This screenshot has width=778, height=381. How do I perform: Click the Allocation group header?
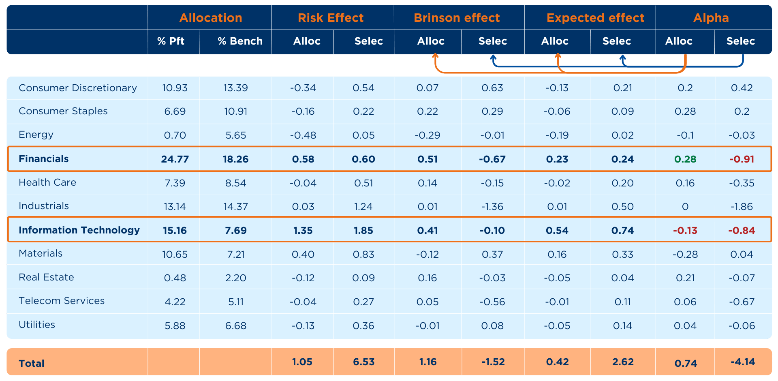(x=210, y=18)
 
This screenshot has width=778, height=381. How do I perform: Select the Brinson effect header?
(x=457, y=18)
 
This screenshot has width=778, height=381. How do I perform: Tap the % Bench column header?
(x=240, y=41)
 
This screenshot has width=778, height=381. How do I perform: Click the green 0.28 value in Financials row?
(x=685, y=159)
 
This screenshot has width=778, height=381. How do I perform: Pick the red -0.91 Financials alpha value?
(x=742, y=159)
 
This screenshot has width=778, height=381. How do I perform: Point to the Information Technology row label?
(x=79, y=230)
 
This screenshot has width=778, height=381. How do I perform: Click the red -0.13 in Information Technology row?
(x=685, y=231)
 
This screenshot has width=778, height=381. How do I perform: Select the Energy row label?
(x=36, y=135)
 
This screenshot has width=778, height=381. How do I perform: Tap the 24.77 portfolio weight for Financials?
(x=175, y=159)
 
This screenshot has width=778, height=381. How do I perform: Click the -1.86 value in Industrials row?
(x=742, y=207)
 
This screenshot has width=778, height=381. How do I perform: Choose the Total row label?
(x=32, y=363)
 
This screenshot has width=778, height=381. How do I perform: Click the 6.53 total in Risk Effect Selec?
(x=363, y=362)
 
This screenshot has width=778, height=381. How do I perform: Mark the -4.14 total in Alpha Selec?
(x=742, y=362)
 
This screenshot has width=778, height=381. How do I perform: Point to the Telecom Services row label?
(x=62, y=301)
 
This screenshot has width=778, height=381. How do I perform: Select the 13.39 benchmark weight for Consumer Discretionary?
(x=235, y=88)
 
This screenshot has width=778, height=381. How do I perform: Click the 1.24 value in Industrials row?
(x=363, y=207)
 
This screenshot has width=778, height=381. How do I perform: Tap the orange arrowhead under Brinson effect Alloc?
(x=435, y=56)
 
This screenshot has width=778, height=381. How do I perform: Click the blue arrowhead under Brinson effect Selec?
(x=493, y=58)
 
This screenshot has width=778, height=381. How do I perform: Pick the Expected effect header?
(x=595, y=18)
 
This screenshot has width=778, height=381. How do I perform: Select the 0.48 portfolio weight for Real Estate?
(x=175, y=278)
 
